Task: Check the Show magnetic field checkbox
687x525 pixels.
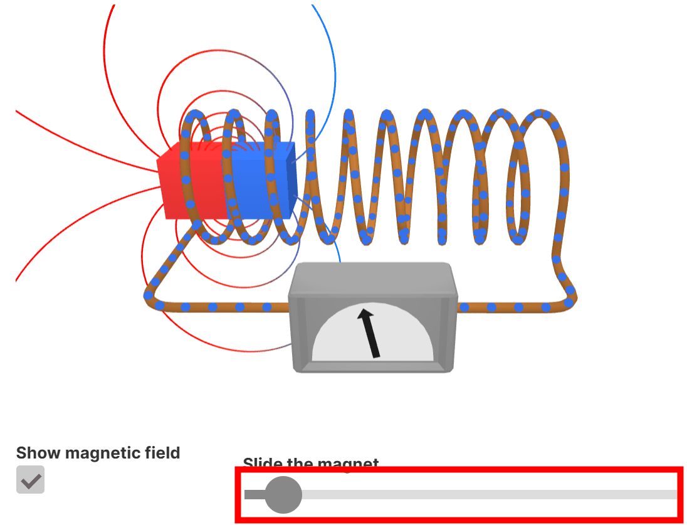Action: coord(30,480)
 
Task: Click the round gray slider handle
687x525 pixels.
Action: coord(283,494)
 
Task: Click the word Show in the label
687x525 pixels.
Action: coord(38,453)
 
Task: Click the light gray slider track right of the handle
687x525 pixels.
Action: coord(489,494)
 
